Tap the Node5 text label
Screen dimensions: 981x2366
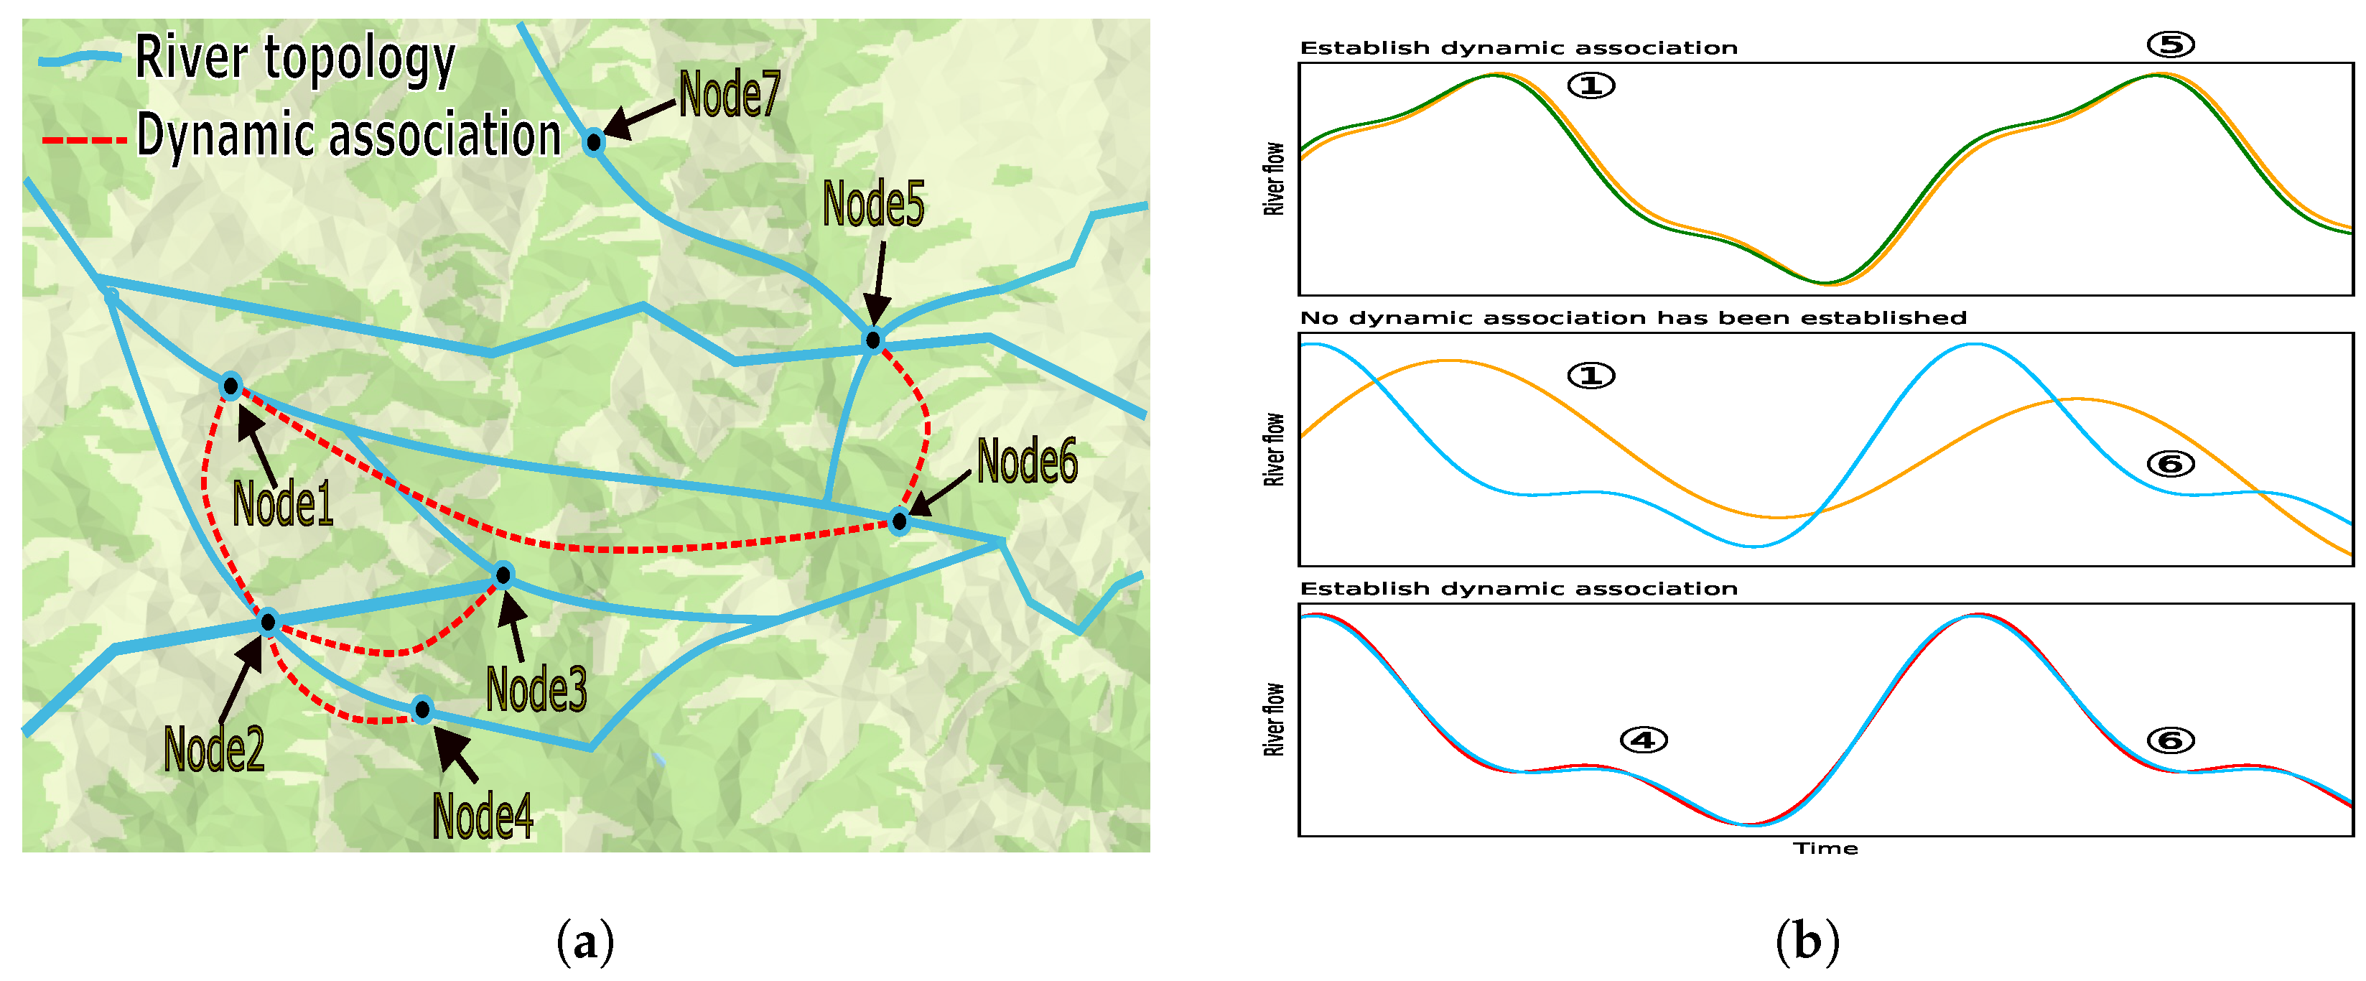[872, 203]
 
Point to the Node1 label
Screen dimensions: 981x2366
[282, 503]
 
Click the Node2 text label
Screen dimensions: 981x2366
[214, 748]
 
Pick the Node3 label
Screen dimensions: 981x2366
[536, 689]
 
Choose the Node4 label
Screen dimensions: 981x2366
[483, 816]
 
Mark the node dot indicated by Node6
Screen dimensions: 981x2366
[899, 521]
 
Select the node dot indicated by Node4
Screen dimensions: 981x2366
[421, 709]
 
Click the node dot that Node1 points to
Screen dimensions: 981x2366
[230, 386]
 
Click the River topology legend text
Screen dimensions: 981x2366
[295, 58]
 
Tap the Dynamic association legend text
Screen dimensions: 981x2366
[348, 136]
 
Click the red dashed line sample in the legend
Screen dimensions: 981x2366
[83, 139]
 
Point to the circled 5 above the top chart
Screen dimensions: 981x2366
[2171, 44]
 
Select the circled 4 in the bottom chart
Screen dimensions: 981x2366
[1643, 740]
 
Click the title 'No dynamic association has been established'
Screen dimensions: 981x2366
[1633, 318]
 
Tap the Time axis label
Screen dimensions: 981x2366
[1825, 849]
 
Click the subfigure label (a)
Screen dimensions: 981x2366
[585, 942]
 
